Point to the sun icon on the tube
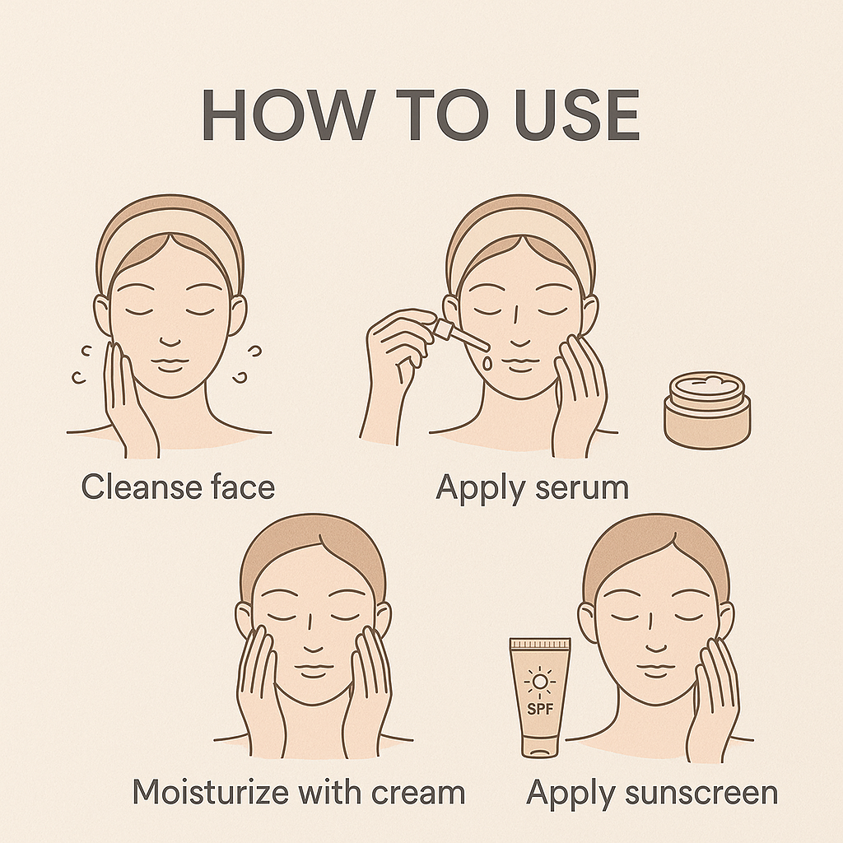(539, 682)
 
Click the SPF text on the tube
(540, 710)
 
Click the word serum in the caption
(580, 487)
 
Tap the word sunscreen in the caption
(699, 794)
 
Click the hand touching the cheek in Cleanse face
(128, 395)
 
